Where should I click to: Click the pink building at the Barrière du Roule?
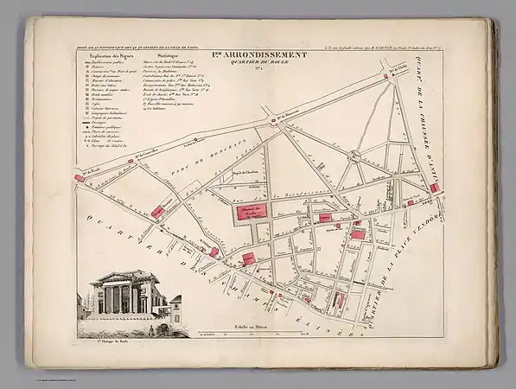[x=80, y=177]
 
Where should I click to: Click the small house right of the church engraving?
[x=175, y=306]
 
